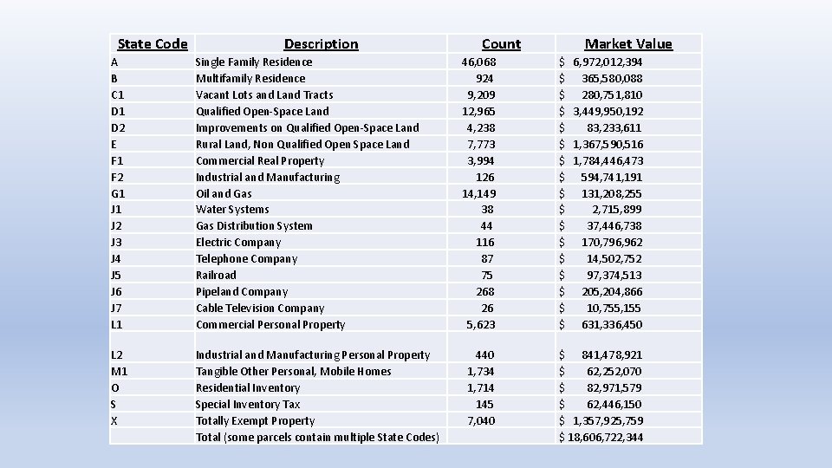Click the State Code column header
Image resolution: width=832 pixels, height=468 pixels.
153,44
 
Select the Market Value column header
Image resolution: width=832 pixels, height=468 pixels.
628,44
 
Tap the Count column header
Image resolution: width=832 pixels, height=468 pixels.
501,44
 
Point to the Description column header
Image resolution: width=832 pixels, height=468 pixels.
321,44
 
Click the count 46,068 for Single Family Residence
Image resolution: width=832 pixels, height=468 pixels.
478,62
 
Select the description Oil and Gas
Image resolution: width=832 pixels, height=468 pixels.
224,193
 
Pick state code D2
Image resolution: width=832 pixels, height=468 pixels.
120,127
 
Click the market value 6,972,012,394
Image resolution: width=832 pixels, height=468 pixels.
608,62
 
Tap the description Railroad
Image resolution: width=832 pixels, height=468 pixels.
216,275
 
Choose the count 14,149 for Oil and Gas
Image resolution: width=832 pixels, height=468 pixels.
478,193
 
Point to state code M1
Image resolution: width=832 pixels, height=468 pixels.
120,371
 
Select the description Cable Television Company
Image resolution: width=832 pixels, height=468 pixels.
260,308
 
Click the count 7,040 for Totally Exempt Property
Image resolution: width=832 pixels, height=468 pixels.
481,420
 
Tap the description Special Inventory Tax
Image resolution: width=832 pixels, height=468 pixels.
248,404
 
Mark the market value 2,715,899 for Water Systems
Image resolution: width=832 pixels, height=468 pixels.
617,209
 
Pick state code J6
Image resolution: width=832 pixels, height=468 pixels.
117,291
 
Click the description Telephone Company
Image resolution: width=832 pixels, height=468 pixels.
246,258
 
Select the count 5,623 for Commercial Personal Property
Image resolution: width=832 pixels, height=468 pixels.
481,324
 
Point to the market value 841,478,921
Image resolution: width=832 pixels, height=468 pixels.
612,354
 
